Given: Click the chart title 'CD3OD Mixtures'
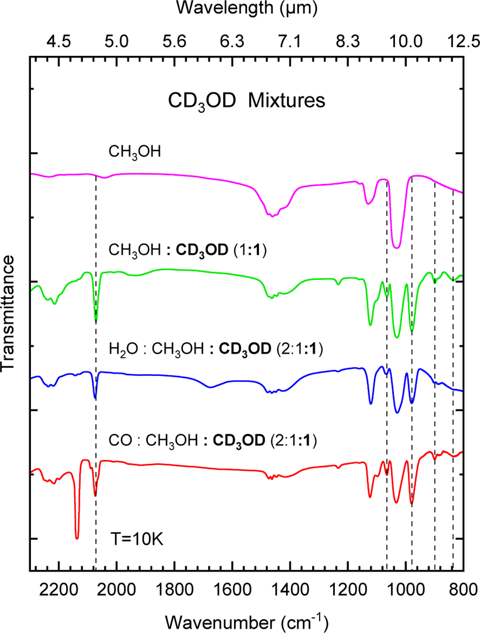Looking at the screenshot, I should pos(246,101).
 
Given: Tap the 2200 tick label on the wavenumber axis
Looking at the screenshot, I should pos(58,590).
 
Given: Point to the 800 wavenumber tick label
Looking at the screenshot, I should pos(463,590).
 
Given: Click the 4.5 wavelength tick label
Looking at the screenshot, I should pos(58,41).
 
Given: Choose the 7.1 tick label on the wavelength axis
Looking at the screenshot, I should pos(290,41).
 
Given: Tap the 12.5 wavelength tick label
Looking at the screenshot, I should pos(464,41).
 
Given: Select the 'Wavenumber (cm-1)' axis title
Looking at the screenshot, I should pos(246,622).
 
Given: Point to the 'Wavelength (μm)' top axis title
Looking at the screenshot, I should pos(247,8).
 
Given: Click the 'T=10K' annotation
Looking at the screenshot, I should pos(137,539).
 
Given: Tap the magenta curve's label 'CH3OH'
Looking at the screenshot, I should pos(135,152).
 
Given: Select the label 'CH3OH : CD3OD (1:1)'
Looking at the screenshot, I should pos(188,250).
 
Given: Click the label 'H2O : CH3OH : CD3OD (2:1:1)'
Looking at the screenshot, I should pos(216,349).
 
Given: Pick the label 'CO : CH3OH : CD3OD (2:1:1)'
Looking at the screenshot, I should pos(212,440).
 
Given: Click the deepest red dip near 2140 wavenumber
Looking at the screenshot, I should pos(77,538).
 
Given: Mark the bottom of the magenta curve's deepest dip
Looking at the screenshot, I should pos(396,247).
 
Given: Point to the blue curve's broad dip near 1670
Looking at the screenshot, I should pos(211,387).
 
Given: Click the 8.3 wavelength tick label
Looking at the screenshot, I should pos(348,41).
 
